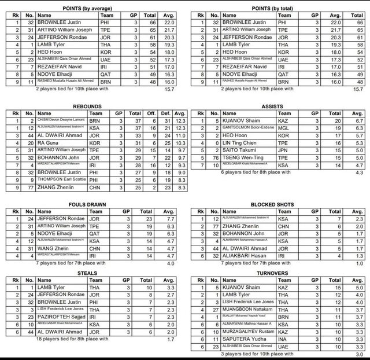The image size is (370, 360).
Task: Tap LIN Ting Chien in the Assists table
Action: [x=234, y=142]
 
